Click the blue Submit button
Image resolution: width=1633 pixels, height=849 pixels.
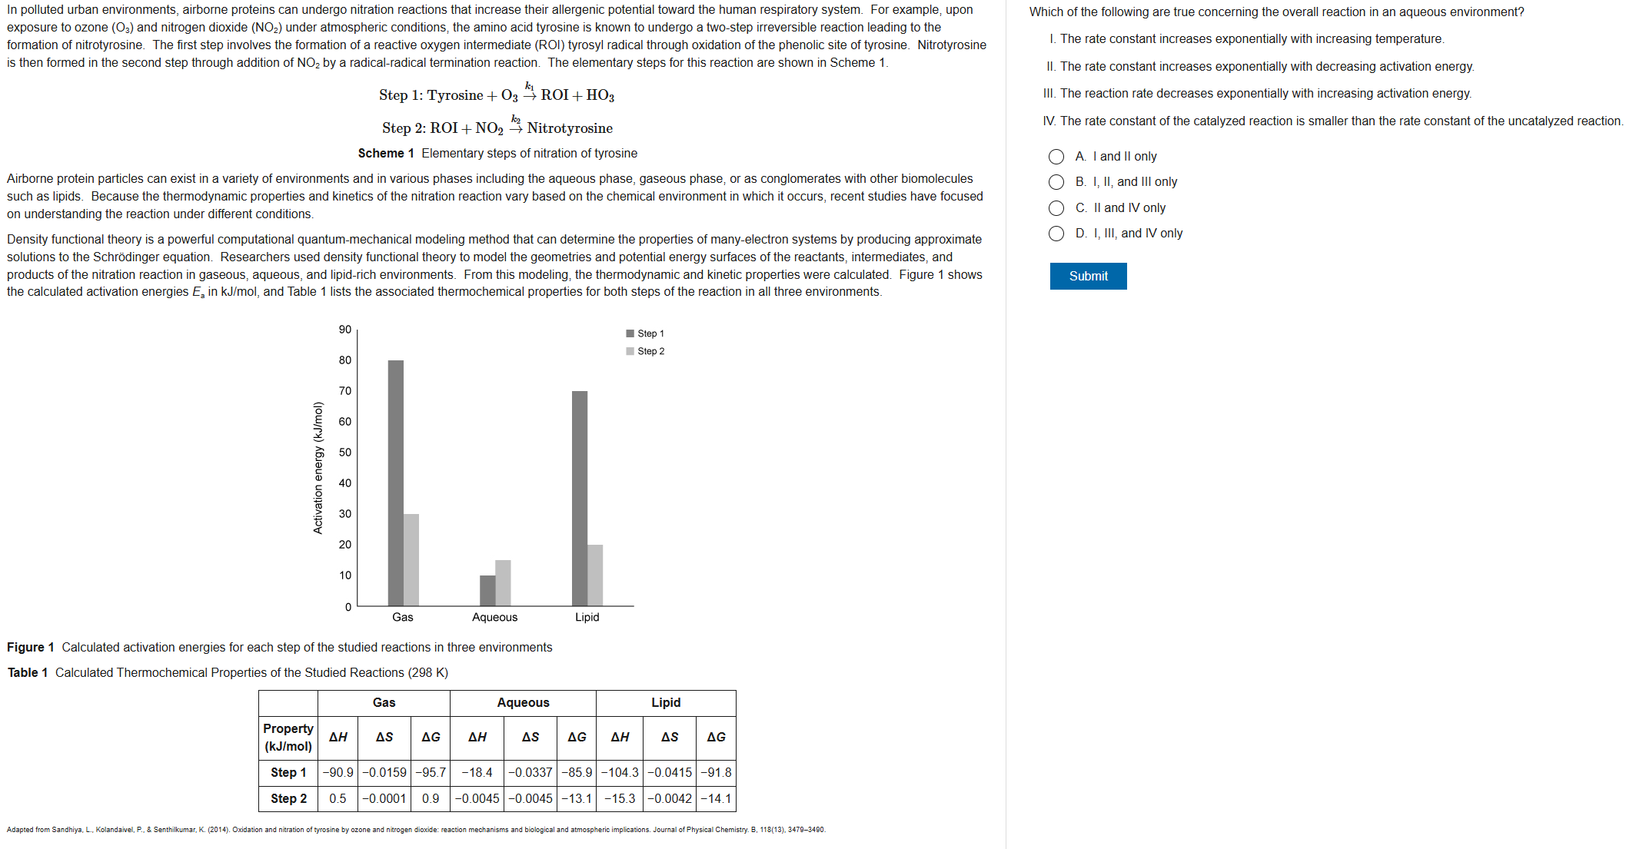pos(1088,276)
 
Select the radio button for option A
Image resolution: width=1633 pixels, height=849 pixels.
pos(1056,157)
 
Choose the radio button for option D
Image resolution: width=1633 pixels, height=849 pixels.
pos(1056,234)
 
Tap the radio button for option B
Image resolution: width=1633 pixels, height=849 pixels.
pos(1056,182)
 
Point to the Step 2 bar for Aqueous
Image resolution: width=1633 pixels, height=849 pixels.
pos(503,583)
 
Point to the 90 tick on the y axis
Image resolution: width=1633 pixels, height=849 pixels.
pos(345,330)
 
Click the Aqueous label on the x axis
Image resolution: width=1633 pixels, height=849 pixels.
pos(494,617)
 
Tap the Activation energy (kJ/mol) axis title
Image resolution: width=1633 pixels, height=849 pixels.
pos(318,468)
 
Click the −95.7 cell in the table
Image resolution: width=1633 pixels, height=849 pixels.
pos(431,772)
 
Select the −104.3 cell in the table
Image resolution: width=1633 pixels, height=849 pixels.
pos(620,772)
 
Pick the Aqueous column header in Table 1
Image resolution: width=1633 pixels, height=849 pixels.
pos(523,702)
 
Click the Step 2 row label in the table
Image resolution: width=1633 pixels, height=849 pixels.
pos(288,798)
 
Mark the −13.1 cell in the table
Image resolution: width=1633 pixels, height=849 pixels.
pos(577,798)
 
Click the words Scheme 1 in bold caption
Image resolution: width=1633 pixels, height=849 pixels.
pos(386,154)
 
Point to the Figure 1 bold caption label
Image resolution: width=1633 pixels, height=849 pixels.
pos(31,647)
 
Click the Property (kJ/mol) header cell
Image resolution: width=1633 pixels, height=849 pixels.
pos(288,737)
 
